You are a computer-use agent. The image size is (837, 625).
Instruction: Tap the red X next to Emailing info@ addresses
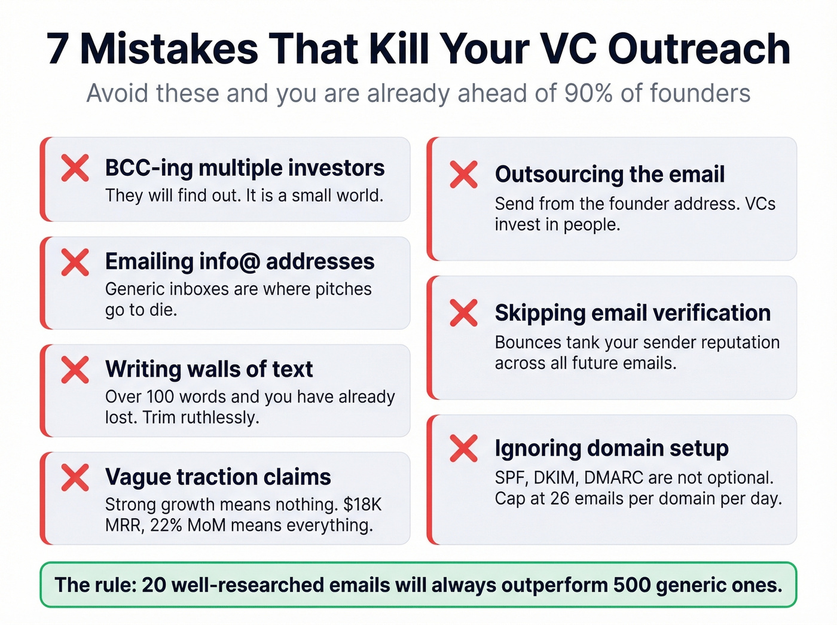pos(75,262)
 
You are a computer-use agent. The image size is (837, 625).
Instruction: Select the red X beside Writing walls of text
pos(75,370)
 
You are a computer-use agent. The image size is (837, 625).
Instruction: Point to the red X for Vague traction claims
pos(75,477)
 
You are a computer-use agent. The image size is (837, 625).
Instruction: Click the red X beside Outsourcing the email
pos(464,175)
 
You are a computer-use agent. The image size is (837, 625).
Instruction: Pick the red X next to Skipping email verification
pos(464,313)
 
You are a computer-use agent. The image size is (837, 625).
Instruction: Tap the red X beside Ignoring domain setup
pos(464,449)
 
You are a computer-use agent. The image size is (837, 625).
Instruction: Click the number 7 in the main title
pos(57,49)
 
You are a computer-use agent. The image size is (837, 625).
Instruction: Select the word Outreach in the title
pos(699,49)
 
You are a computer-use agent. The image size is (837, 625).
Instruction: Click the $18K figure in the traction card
pos(362,504)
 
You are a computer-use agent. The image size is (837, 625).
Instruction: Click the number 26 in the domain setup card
pos(560,498)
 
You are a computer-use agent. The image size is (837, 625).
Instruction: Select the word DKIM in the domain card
pos(555,478)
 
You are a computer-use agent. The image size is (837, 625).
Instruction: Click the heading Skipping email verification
pos(633,313)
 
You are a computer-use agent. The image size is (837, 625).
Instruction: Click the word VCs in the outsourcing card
pos(760,204)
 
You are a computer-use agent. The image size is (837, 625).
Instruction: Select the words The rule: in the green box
pos(94,584)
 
